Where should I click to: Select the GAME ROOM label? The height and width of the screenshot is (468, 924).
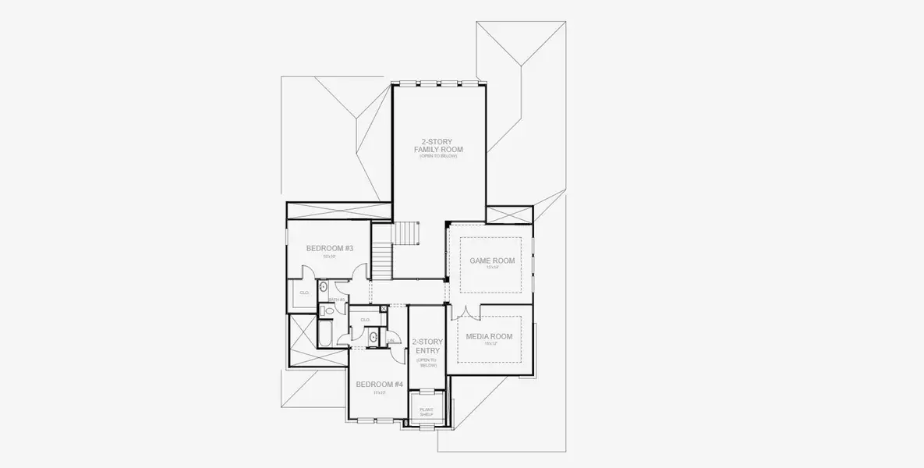point(491,261)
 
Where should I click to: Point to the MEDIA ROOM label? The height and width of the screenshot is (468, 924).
point(489,336)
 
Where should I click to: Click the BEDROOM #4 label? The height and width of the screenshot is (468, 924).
point(379,384)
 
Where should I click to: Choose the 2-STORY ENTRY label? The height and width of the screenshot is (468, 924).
point(427,346)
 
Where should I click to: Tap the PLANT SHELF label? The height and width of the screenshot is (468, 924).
point(427,412)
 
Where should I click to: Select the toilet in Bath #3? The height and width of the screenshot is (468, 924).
point(329,311)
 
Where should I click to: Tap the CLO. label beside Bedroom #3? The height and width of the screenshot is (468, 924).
point(305,292)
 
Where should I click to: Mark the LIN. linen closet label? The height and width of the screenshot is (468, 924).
point(391,340)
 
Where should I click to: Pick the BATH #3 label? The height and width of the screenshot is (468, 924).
point(336,300)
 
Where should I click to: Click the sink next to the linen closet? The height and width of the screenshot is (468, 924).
point(373,338)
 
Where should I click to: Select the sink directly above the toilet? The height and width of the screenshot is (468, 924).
point(324,286)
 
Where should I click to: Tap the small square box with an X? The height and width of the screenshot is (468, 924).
point(384,309)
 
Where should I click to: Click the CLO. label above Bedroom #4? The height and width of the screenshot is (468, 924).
point(365,319)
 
